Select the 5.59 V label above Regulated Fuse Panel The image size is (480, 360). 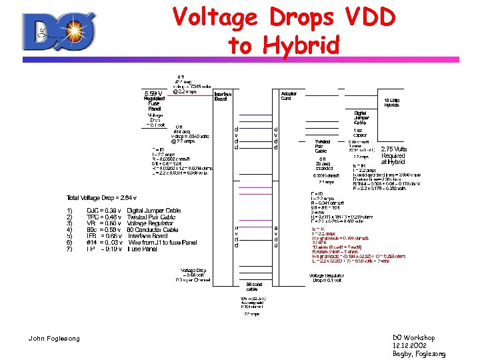click(x=154, y=93)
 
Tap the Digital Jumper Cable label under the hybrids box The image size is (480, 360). click(x=361, y=118)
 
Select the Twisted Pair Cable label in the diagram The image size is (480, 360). click(x=323, y=146)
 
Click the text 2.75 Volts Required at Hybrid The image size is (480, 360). click(x=393, y=155)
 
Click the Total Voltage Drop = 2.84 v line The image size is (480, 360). click(x=101, y=198)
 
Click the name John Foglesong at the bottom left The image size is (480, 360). click(x=54, y=339)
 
